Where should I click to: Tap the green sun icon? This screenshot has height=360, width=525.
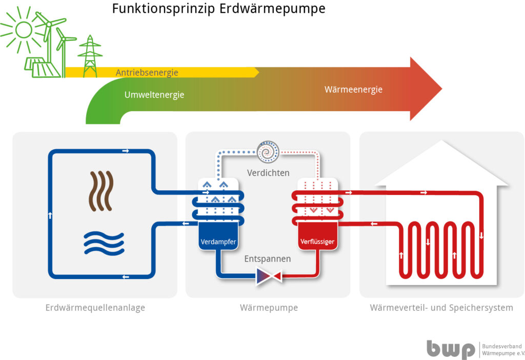[x=24, y=30]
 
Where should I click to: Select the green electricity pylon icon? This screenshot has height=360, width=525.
[x=90, y=56]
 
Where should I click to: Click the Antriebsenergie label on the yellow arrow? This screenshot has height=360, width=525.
[x=147, y=73]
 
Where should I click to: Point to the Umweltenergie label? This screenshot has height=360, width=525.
[x=154, y=95]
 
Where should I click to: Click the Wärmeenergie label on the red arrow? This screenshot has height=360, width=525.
[x=354, y=90]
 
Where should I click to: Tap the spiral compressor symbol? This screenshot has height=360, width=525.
[x=268, y=152]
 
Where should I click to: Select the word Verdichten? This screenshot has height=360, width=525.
[x=268, y=173]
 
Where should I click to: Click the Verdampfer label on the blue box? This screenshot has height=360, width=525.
[x=218, y=242]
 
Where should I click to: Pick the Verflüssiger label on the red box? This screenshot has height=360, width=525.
[x=317, y=242]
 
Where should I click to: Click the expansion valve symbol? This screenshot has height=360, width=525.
[x=269, y=276]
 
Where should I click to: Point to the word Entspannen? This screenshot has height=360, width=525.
[x=268, y=259]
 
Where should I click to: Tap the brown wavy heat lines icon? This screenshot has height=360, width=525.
[x=101, y=191]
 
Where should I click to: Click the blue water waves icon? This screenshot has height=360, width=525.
[x=104, y=244]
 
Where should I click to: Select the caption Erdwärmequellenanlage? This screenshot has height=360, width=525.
[x=95, y=308]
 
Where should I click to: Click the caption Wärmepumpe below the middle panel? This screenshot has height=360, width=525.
[x=269, y=308]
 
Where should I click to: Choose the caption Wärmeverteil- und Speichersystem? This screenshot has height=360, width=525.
[x=441, y=308]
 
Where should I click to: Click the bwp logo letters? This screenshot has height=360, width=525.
[x=451, y=350]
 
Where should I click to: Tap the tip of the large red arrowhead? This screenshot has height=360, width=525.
[x=442, y=89]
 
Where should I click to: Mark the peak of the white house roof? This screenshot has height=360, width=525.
[x=442, y=141]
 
